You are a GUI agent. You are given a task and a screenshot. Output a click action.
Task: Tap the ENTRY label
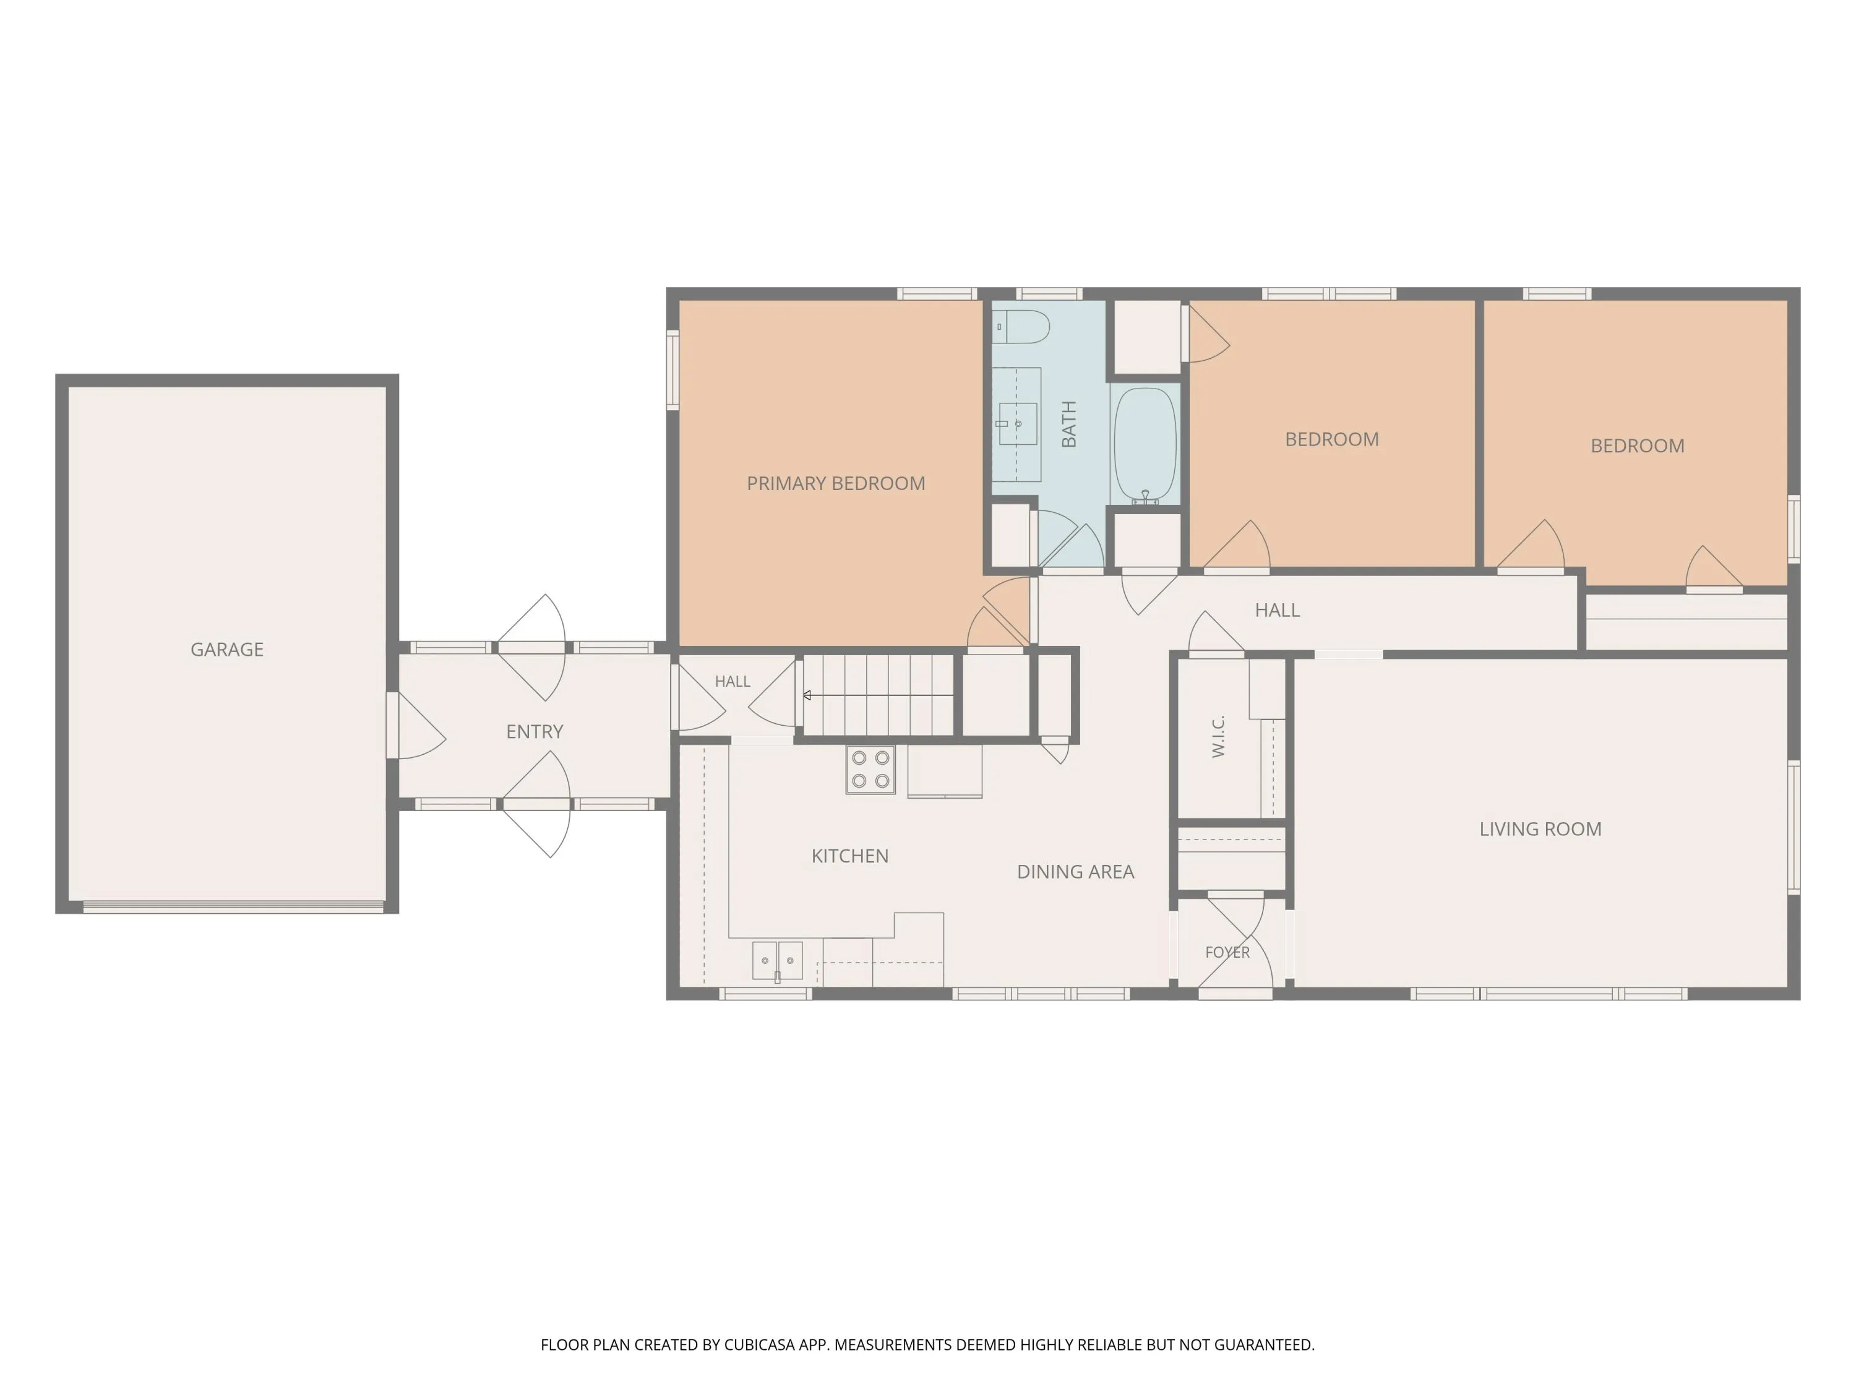(x=535, y=732)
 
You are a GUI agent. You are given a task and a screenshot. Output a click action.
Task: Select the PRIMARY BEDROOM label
(x=836, y=483)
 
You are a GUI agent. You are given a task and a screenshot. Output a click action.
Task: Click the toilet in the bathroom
(x=1021, y=327)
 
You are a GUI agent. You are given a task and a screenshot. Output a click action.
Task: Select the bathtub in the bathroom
(x=1145, y=445)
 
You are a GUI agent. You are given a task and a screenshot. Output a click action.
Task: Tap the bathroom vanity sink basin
(x=1018, y=424)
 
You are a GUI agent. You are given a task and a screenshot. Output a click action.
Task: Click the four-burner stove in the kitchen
(x=870, y=770)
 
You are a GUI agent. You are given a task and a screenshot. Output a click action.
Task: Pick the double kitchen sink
(x=777, y=961)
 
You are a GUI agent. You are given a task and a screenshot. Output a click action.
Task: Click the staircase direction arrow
(x=879, y=695)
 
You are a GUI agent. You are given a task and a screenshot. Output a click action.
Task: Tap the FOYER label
(x=1227, y=952)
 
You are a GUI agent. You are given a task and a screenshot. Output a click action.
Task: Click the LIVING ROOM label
(x=1540, y=829)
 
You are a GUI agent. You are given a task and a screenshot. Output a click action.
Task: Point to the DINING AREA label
(x=1076, y=872)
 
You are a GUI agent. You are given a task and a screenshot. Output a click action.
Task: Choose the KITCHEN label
(x=850, y=856)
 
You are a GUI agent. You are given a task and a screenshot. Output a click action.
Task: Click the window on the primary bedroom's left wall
(x=672, y=369)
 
